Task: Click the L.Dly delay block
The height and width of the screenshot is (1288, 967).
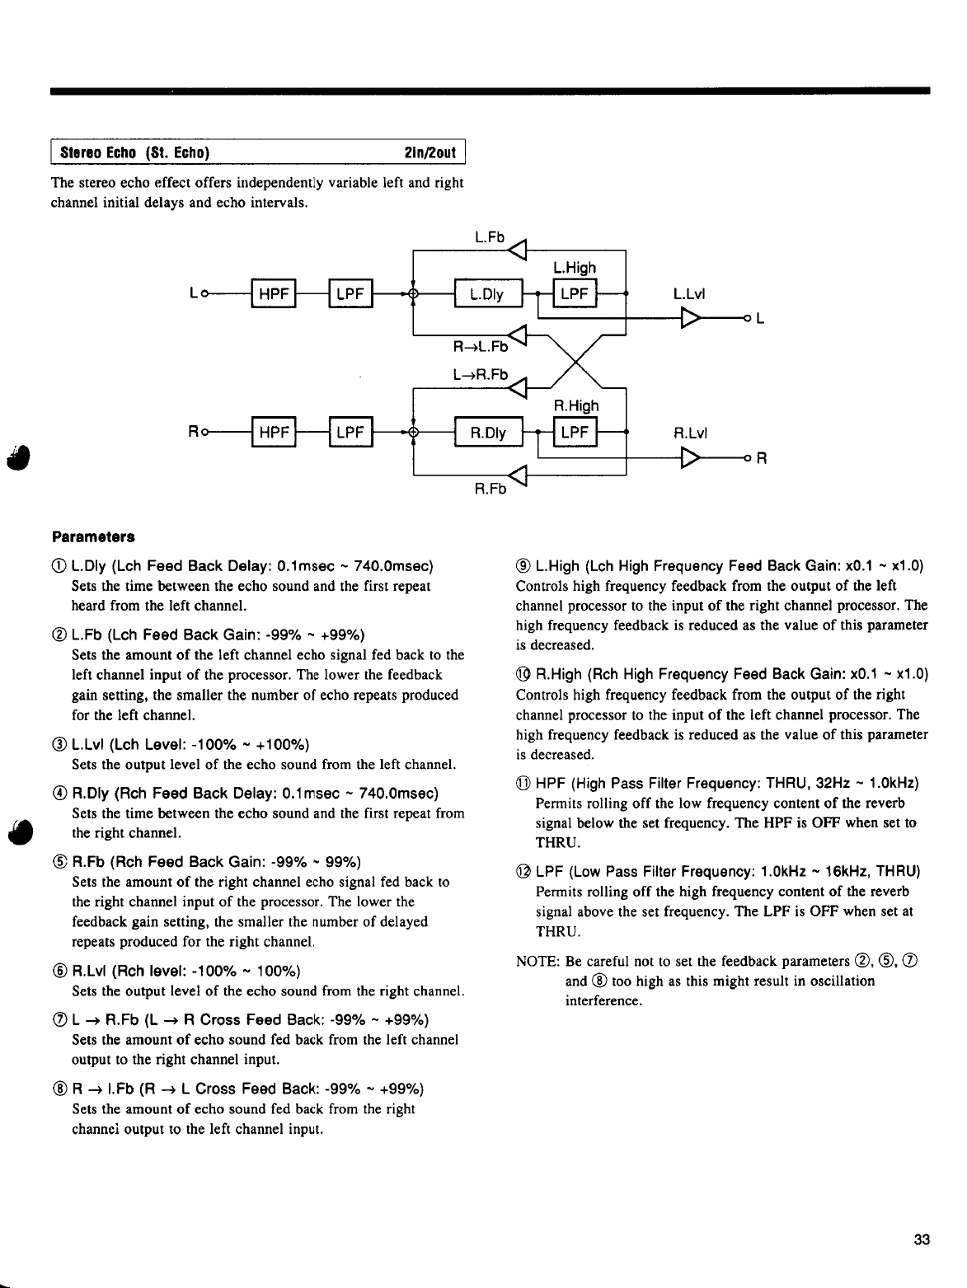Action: (487, 295)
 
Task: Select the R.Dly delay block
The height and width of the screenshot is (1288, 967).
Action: (487, 433)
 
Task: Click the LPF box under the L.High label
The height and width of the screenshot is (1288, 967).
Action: (574, 295)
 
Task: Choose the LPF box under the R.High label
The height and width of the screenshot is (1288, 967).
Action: (574, 433)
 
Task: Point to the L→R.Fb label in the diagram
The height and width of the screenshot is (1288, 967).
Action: (478, 374)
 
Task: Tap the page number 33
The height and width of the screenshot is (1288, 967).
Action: (922, 1239)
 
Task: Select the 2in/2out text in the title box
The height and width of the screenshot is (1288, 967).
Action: (431, 153)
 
